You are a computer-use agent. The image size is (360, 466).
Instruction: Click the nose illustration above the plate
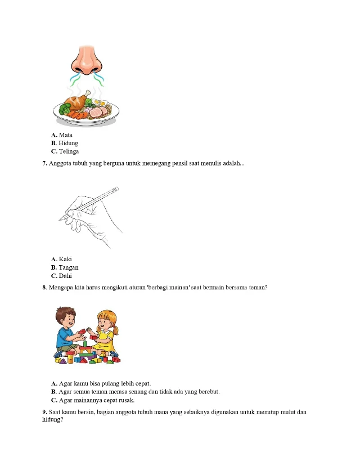click(x=86, y=59)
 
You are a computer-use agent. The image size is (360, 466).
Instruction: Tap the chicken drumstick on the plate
click(x=76, y=103)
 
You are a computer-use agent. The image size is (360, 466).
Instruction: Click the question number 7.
click(x=44, y=164)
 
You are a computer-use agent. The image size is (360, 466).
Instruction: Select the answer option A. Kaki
click(x=61, y=259)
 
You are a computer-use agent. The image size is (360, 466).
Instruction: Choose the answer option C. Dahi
click(x=61, y=276)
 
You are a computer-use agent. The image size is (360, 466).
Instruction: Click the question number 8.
click(x=44, y=288)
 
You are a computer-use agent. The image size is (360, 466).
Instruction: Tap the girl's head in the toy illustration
click(x=105, y=319)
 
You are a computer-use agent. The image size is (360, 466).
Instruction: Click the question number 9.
click(x=44, y=413)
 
